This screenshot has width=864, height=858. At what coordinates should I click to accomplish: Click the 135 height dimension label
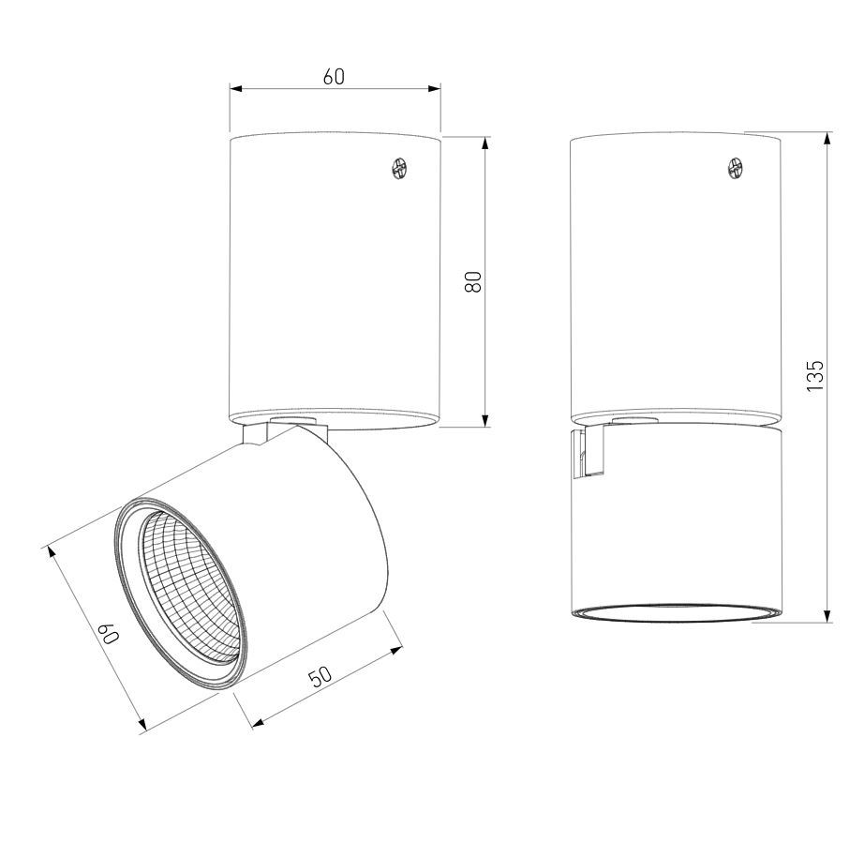[814, 376]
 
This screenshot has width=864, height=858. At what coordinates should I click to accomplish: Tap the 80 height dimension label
[473, 281]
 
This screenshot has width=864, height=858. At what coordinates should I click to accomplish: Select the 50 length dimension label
[320, 676]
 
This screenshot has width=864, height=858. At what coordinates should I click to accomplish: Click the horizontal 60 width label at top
[334, 77]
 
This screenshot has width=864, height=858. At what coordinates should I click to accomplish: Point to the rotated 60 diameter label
[109, 634]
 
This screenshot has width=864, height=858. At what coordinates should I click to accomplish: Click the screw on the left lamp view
[399, 168]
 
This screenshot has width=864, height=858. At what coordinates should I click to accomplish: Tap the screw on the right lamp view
[737, 168]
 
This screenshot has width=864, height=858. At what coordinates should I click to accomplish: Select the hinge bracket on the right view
[589, 453]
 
